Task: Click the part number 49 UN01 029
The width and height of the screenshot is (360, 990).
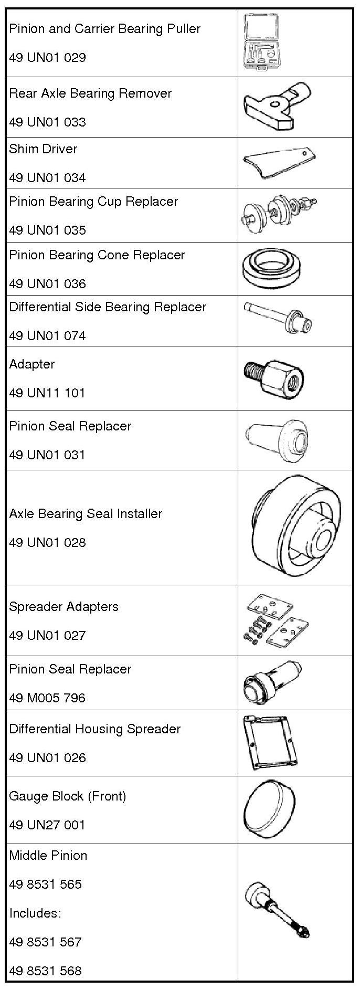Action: tap(47, 57)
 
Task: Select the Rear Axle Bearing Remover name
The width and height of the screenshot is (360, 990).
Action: tap(90, 93)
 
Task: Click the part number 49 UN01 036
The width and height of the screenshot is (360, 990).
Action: tap(47, 283)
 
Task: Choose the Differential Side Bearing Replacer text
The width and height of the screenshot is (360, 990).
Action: tap(108, 307)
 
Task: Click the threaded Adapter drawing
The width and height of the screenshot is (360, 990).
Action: tap(273, 378)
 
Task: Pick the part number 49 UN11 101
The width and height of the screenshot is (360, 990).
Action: tap(47, 393)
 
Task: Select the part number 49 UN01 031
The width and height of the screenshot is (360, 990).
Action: tap(47, 455)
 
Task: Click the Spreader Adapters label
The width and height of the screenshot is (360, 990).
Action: tap(63, 606)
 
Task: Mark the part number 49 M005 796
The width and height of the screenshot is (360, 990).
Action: tap(47, 698)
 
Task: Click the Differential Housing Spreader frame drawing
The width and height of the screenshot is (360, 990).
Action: tap(270, 742)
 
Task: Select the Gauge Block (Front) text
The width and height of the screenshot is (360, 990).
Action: tap(67, 796)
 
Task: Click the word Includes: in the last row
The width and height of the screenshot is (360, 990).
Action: tap(35, 913)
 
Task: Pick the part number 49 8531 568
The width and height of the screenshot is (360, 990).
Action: tap(45, 971)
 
